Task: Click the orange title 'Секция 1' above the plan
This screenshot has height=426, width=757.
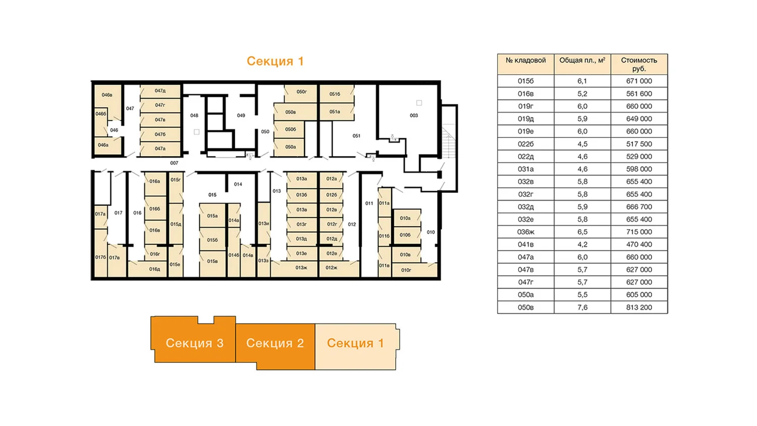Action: (275, 61)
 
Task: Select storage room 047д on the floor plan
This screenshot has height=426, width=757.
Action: (160, 91)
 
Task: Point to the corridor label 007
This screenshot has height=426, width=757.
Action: (174, 163)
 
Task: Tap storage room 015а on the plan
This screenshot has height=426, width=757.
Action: (212, 216)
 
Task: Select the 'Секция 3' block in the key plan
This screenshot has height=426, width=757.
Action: (194, 343)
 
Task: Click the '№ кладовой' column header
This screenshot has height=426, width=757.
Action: (525, 61)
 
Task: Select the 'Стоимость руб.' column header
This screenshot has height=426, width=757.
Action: (639, 64)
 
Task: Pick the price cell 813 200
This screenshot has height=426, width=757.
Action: (639, 307)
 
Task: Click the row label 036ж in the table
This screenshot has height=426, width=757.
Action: (525, 232)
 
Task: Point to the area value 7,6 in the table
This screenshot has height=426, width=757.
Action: (582, 307)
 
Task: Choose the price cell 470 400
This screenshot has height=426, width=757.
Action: (639, 244)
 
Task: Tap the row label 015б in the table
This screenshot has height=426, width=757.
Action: (525, 81)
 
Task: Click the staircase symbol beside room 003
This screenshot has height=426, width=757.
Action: (449, 142)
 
